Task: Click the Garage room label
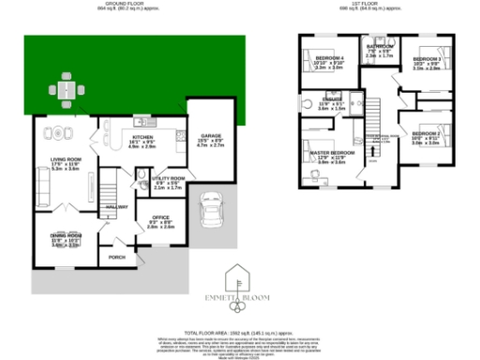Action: pyautogui.click(x=211, y=137)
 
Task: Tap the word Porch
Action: pyautogui.click(x=117, y=257)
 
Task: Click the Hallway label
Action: pyautogui.click(x=117, y=206)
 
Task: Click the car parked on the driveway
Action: pyautogui.click(x=211, y=215)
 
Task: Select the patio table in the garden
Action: pyautogui.click(x=65, y=90)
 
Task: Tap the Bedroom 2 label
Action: pyautogui.click(x=427, y=134)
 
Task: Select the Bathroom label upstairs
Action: pyautogui.click(x=380, y=46)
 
